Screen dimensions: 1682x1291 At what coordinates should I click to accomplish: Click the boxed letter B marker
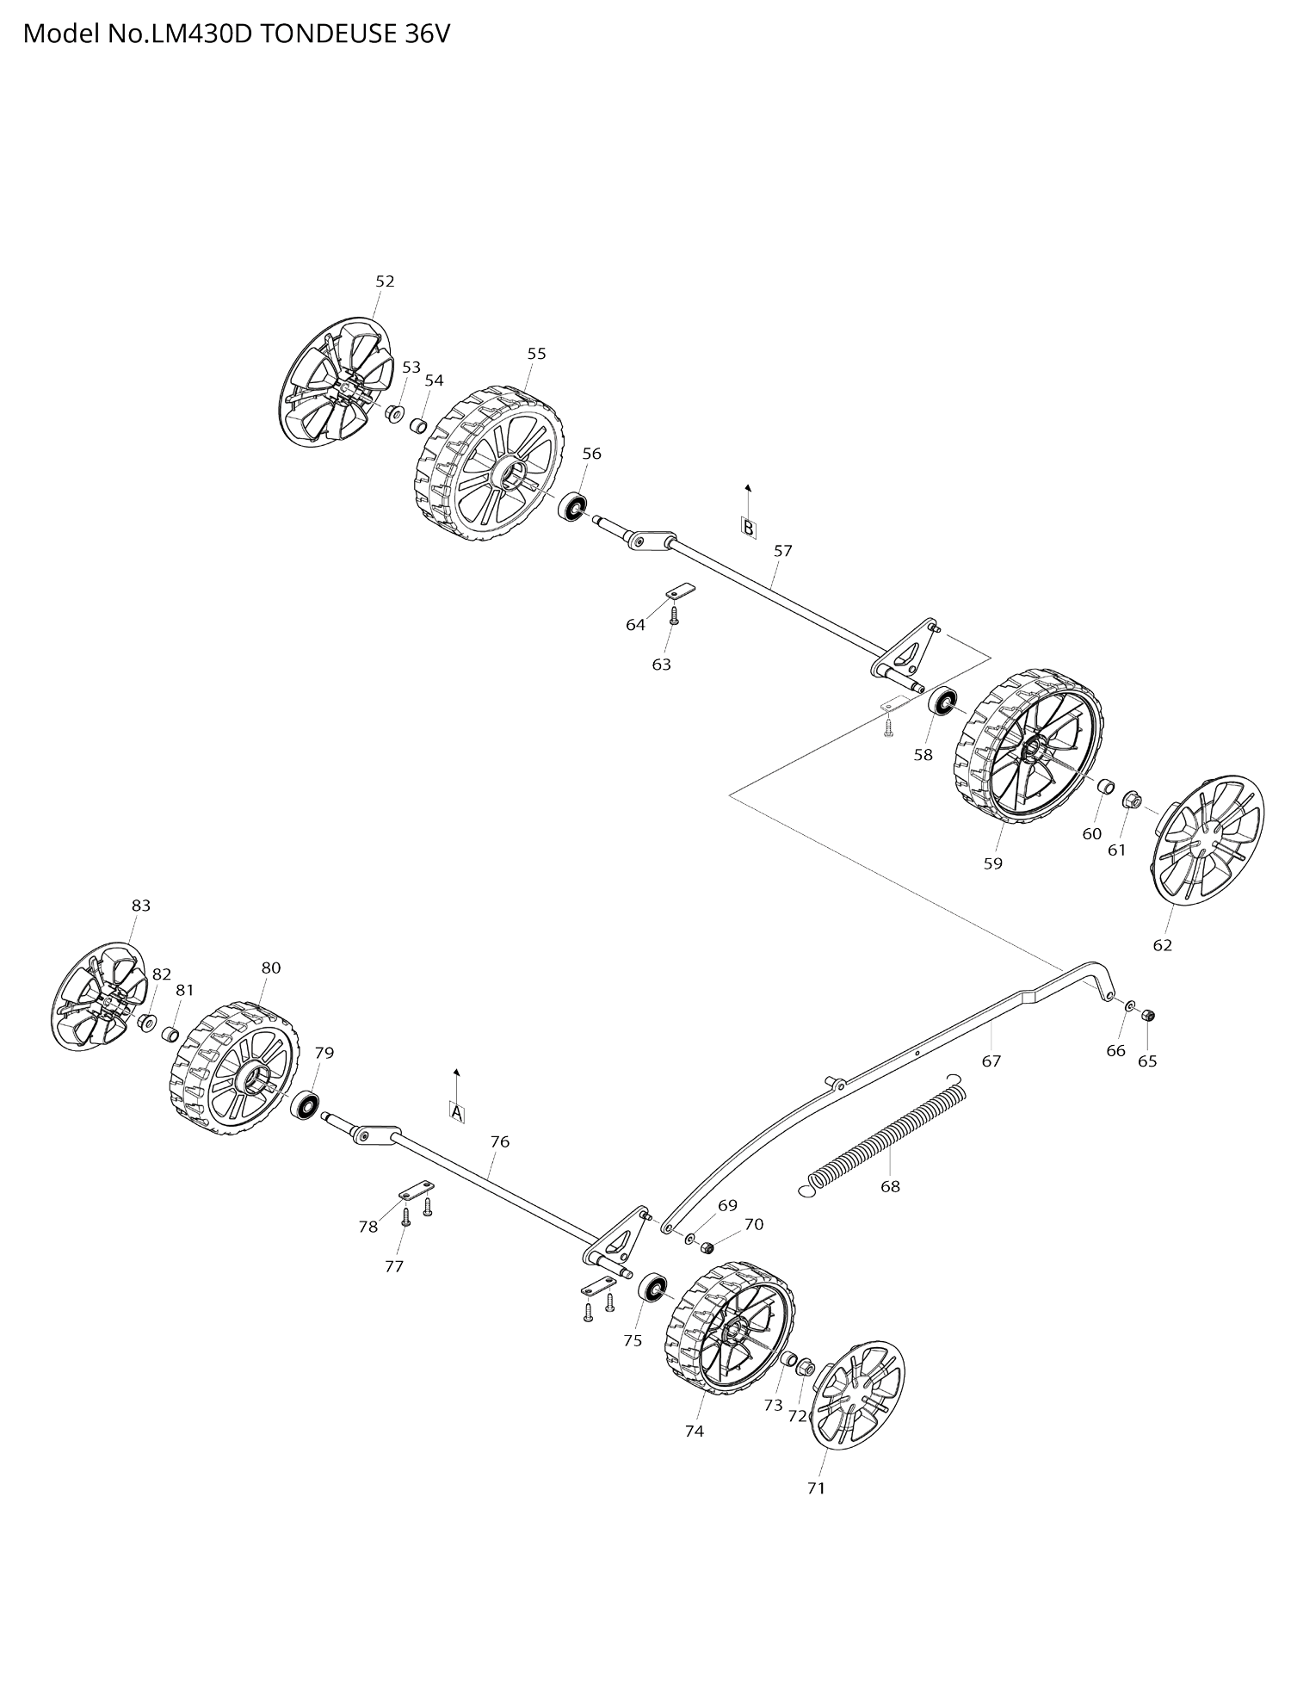(749, 528)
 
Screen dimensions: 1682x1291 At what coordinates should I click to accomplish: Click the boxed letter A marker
(457, 1112)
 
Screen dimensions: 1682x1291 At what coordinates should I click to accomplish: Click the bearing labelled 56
(571, 506)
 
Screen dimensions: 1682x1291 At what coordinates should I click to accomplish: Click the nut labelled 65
(1147, 1017)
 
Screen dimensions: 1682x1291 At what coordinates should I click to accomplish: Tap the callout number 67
(991, 1061)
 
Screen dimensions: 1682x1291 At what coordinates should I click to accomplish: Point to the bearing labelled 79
(306, 1105)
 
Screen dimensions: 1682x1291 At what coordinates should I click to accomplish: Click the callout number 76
(500, 1142)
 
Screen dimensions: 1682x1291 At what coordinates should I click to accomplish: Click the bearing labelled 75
(653, 1289)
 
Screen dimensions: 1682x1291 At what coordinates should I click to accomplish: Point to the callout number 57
(782, 551)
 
